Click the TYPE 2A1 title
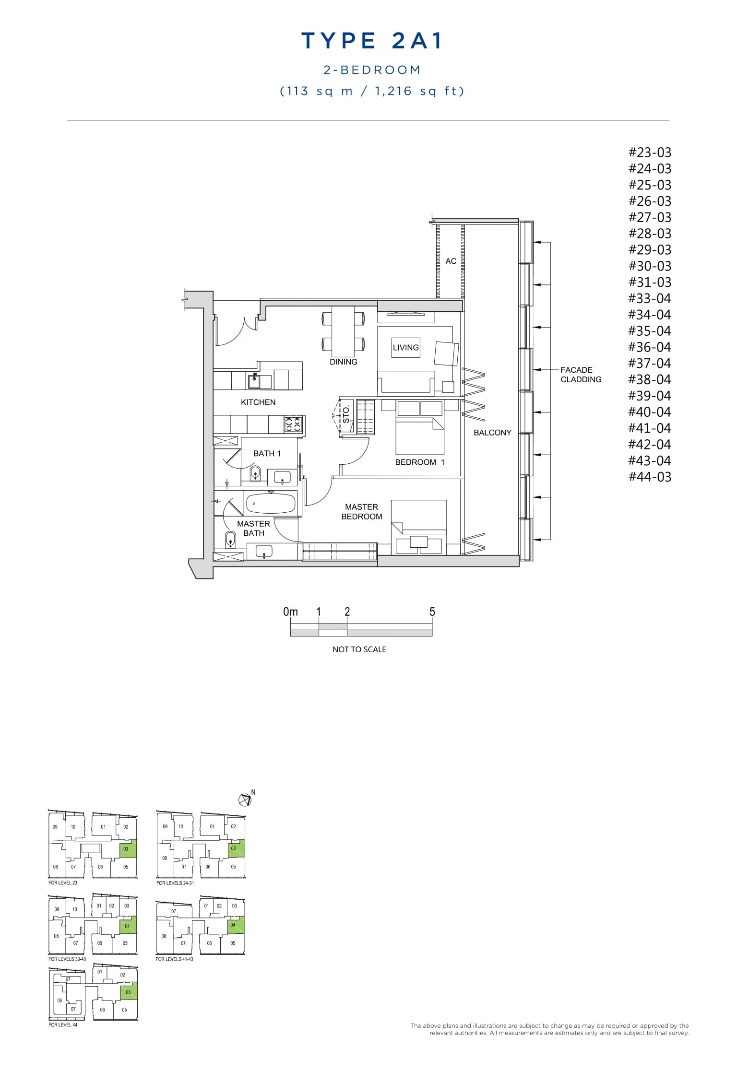[x=372, y=41]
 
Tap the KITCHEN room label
[x=258, y=402]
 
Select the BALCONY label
[x=492, y=433]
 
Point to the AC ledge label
[x=451, y=261]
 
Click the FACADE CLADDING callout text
[x=581, y=375]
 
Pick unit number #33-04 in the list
[x=650, y=299]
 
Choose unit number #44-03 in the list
[x=650, y=477]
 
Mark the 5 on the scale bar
[x=432, y=612]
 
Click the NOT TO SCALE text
[x=359, y=649]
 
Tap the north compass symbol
[x=245, y=800]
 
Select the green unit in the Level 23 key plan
[x=127, y=849]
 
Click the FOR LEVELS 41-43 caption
[x=175, y=959]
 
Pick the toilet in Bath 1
[x=255, y=472]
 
